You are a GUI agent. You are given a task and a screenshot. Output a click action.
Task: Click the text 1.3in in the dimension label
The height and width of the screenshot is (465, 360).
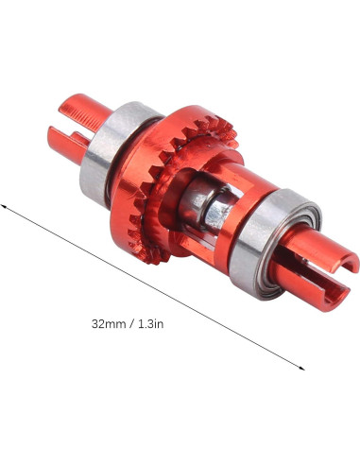coord(151,324)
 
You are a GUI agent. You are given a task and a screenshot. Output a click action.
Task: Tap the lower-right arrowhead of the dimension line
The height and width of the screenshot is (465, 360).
coord(302,368)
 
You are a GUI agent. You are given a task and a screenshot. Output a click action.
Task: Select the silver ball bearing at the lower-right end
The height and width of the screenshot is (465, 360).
coord(274,244)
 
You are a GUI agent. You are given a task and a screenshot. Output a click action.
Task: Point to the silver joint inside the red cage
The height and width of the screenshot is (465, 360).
coord(206,205)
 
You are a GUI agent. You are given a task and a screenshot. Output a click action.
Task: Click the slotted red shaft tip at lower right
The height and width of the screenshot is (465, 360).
coord(314,267)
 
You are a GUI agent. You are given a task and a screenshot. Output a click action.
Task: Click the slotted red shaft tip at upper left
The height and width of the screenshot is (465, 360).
coord(78,126)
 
